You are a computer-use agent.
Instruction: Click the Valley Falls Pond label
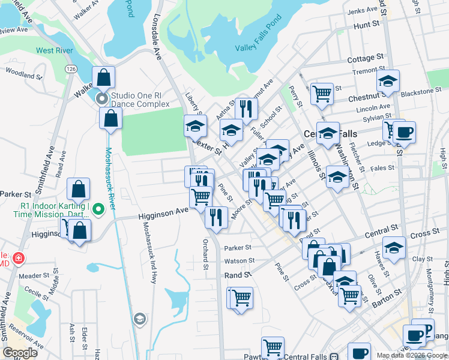(258, 47)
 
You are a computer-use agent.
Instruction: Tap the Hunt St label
(367, 26)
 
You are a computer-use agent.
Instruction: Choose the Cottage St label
(365, 58)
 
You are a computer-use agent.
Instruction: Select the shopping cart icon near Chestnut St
(322, 93)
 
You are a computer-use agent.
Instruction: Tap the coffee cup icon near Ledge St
(404, 131)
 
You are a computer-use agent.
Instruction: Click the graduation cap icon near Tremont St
(388, 81)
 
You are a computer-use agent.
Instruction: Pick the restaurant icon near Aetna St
(246, 109)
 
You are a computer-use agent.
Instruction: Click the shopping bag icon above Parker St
(79, 189)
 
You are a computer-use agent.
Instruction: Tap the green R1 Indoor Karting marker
(100, 209)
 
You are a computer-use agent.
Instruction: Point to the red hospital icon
(19, 258)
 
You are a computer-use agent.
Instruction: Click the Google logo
(20, 353)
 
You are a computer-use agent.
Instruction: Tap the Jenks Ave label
(361, 11)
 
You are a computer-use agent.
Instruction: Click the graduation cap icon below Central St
(394, 247)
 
